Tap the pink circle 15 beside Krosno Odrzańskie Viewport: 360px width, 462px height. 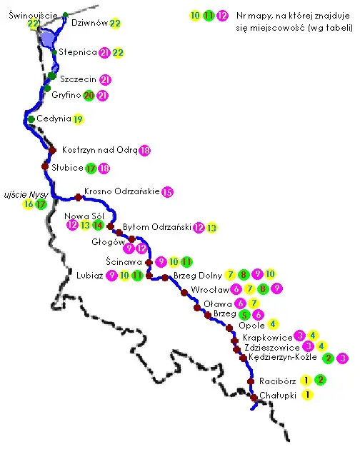coord(167,191)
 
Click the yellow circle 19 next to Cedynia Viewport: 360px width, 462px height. coord(78,119)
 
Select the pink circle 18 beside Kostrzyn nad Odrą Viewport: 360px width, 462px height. coord(145,151)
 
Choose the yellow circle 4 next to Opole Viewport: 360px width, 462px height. coord(272,323)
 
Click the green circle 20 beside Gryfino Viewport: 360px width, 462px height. coord(89,95)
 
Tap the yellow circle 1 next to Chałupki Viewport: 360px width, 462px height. coord(307,394)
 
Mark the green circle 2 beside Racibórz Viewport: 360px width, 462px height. coord(321,380)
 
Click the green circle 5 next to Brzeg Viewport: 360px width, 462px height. coord(244,313)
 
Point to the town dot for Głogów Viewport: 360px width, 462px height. coord(132,239)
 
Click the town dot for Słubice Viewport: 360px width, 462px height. coord(45,166)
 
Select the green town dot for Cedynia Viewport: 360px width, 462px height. coord(31,119)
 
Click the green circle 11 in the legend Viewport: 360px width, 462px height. coord(209,15)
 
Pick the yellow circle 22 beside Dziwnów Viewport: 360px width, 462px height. coord(115,24)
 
